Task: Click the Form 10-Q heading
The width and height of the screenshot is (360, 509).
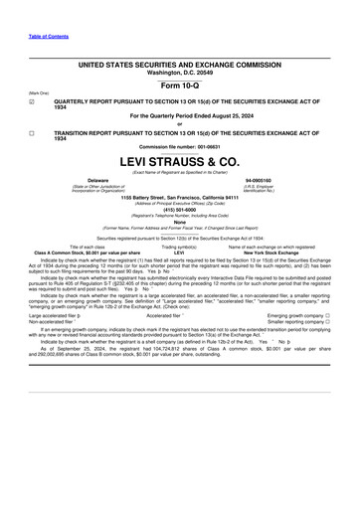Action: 181,83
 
